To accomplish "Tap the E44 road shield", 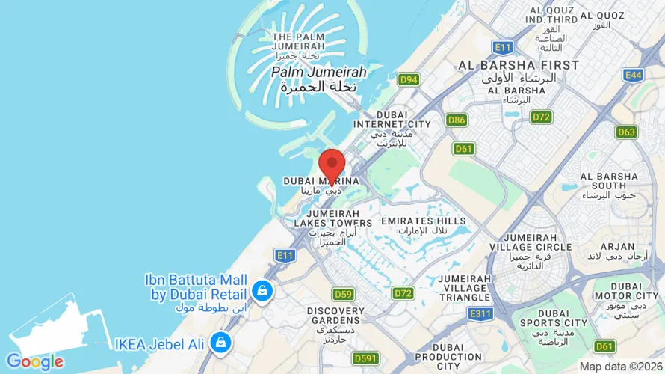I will pyautogui.click(x=634, y=75).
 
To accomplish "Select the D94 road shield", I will pyautogui.click(x=408, y=79).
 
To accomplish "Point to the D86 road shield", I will pyautogui.click(x=457, y=120).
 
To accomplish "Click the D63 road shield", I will pyautogui.click(x=627, y=132).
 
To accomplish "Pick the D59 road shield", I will pyautogui.click(x=343, y=294).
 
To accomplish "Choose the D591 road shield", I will pyautogui.click(x=365, y=359).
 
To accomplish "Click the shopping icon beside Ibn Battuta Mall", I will pyautogui.click(x=262, y=290).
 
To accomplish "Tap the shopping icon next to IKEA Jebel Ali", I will pyautogui.click(x=220, y=343).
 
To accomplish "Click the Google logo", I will pyautogui.click(x=34, y=362).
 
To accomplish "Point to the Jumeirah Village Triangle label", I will pyautogui.click(x=465, y=287).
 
